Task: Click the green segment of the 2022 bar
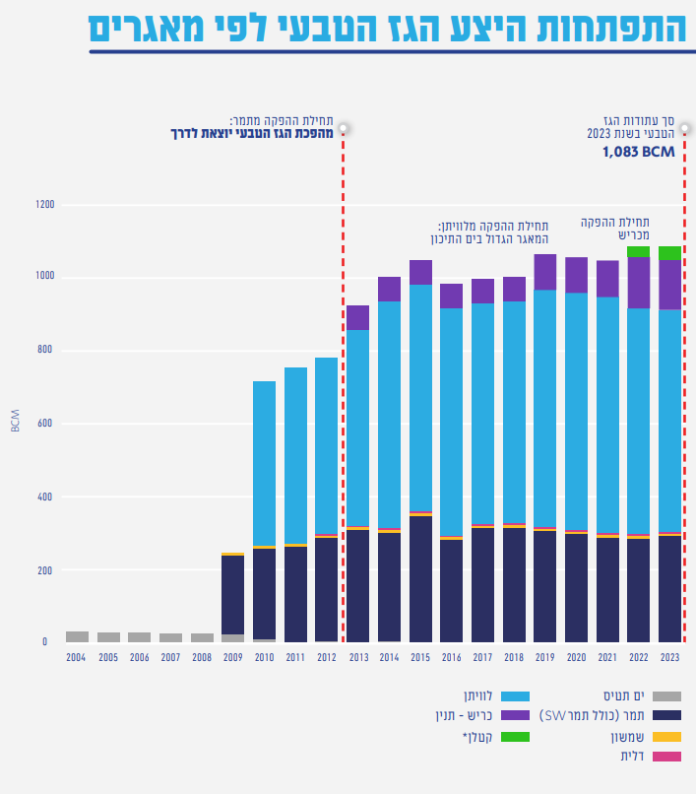[x=638, y=251]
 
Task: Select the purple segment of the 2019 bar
[x=544, y=272]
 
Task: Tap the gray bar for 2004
[x=77, y=637]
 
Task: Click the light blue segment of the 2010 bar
[x=264, y=463]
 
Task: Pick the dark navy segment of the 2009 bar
[x=233, y=595]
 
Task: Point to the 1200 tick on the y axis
[x=45, y=205]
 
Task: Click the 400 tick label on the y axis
[x=45, y=496]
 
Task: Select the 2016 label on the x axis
[x=452, y=657]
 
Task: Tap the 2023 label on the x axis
[x=669, y=657]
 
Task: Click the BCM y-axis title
[x=15, y=421]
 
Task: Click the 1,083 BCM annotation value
[x=638, y=152]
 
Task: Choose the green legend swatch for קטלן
[x=515, y=737]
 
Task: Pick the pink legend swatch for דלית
[x=666, y=757]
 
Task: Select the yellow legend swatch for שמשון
[x=666, y=737]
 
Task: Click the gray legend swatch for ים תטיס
[x=666, y=696]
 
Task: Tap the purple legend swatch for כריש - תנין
[x=515, y=715]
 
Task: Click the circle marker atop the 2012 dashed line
[x=344, y=128]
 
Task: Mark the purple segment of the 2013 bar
[x=358, y=318]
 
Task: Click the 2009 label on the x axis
[x=233, y=657]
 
